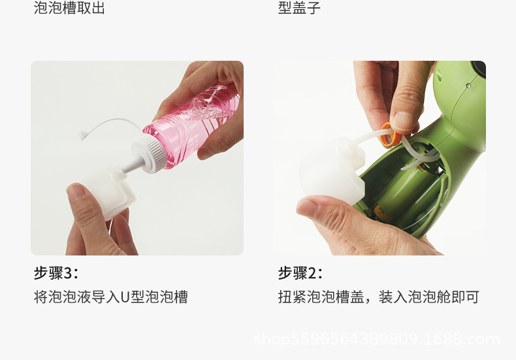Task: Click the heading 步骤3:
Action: point(56,272)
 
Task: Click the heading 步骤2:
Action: point(300,272)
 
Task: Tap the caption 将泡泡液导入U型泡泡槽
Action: point(110,297)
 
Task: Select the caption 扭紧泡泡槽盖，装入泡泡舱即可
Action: point(378,297)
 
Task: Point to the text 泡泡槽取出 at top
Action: point(69,8)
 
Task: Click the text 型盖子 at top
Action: point(299,8)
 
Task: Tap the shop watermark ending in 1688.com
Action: point(376,339)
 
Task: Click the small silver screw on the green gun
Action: point(468,85)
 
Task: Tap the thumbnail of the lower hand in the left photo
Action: point(77,192)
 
